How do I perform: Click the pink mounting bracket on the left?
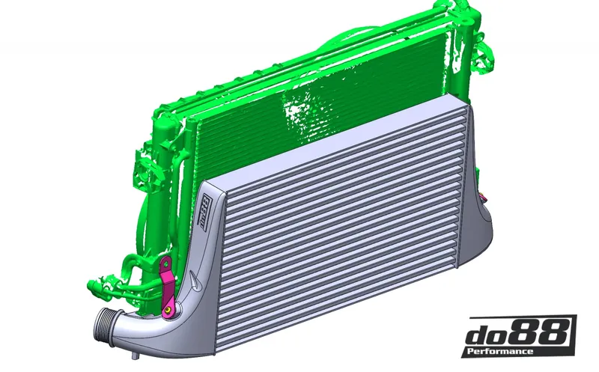pyautogui.click(x=167, y=281)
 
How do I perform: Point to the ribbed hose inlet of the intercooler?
pyautogui.click(x=106, y=327)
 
